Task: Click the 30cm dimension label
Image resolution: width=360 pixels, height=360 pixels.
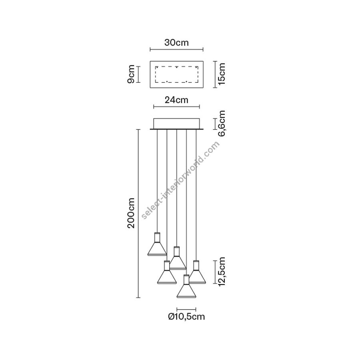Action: pyautogui.click(x=176, y=43)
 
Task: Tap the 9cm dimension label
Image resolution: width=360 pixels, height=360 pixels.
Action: pyautogui.click(x=131, y=74)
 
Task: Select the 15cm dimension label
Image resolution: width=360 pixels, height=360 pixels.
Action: pyautogui.click(x=222, y=74)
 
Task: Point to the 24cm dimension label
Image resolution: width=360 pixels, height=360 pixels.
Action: pyautogui.click(x=176, y=100)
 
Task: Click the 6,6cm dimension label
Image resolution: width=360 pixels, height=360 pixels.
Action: pyautogui.click(x=222, y=123)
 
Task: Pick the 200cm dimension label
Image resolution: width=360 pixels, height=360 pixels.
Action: pyautogui.click(x=131, y=213)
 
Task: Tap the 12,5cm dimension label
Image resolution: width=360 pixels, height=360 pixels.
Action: pyautogui.click(x=222, y=271)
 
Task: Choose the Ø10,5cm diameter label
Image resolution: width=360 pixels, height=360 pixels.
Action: pyautogui.click(x=186, y=317)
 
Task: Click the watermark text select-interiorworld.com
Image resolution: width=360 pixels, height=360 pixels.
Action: pyautogui.click(x=181, y=180)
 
